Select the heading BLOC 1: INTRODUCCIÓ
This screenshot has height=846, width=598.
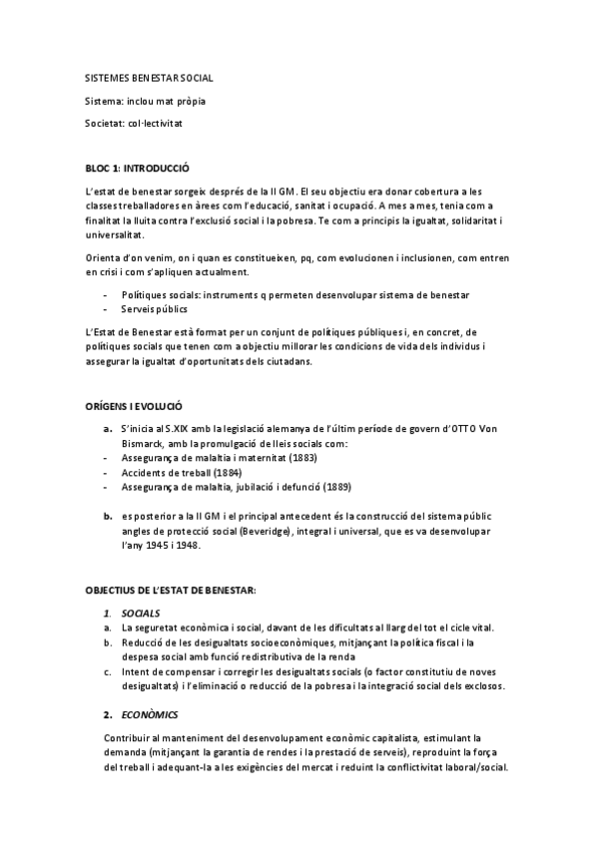coord(138,168)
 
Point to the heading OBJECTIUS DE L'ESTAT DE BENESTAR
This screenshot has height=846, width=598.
coord(171,591)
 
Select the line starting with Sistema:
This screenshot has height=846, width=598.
coord(147,101)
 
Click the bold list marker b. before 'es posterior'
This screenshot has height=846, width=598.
coord(108,517)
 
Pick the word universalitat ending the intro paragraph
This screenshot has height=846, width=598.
coord(115,234)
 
